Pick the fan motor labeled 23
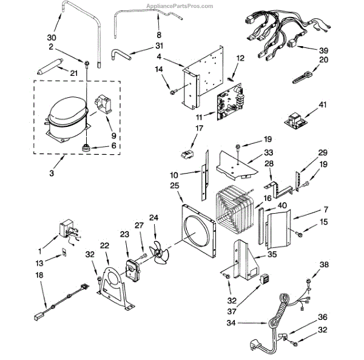[130, 268]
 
